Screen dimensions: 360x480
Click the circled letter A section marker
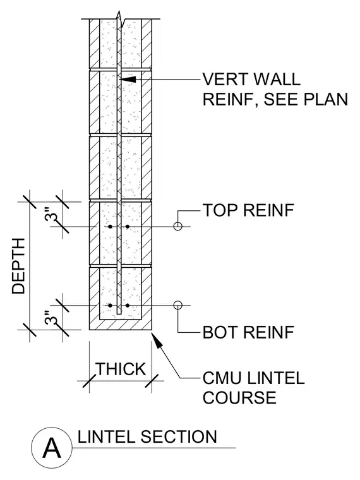point(52,448)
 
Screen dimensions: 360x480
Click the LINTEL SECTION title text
point(147,437)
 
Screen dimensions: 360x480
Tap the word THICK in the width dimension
point(121,369)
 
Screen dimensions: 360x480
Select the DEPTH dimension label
point(18,266)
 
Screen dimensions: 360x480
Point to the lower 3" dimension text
point(51,318)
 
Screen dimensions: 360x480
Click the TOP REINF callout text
point(248,210)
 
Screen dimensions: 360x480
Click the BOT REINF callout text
point(248,332)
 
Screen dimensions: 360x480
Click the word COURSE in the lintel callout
point(239,397)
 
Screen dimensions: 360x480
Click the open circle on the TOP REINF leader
point(178,227)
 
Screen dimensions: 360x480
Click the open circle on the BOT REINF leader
point(178,305)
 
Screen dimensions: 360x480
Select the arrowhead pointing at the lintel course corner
point(157,340)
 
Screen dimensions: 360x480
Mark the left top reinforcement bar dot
point(110,227)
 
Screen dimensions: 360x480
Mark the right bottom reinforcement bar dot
point(128,305)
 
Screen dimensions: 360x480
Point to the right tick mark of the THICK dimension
point(152,381)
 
